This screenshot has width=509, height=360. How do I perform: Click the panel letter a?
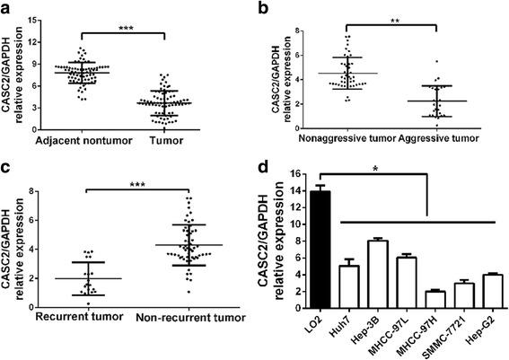7,8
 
